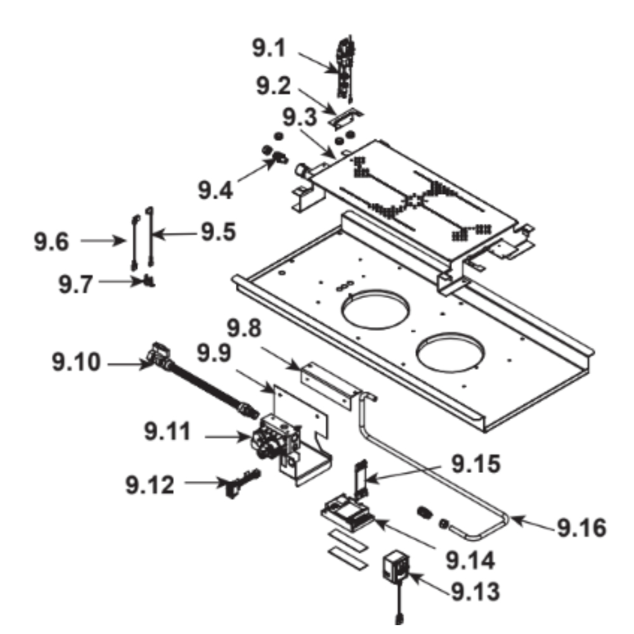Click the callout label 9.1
click(269, 49)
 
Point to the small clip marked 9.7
click(150, 280)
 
